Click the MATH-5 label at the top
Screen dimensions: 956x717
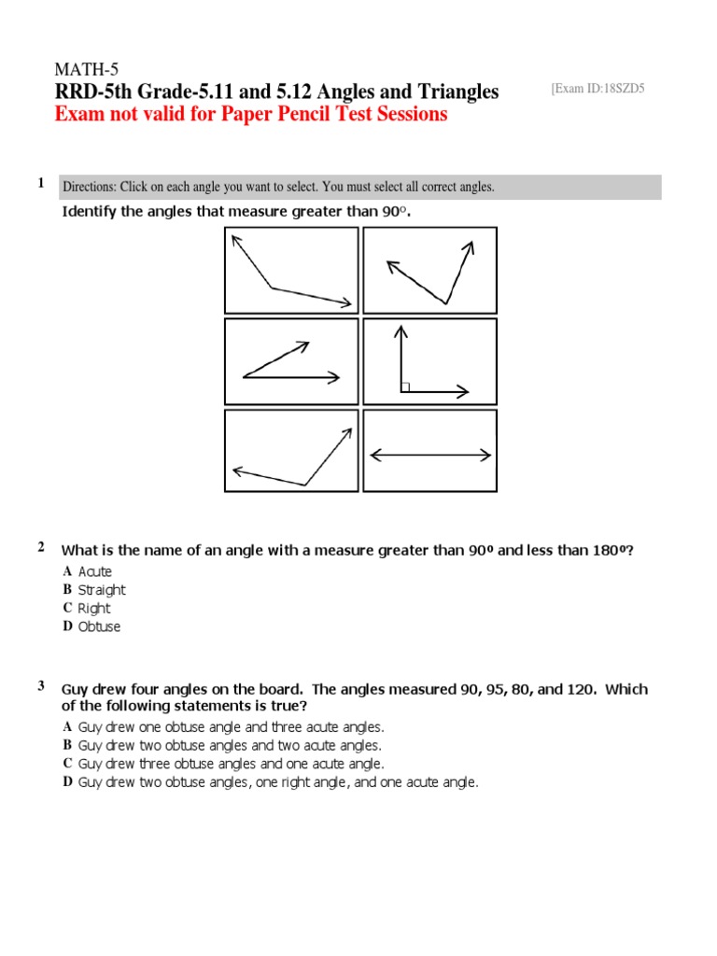88,70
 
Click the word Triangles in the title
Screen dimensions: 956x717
450,91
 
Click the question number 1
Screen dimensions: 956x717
41,184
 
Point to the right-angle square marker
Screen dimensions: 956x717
405,387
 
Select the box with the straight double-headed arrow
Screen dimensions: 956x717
429,451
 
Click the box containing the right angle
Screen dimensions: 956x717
429,361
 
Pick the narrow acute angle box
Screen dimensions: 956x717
290,361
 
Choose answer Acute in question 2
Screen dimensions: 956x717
94,571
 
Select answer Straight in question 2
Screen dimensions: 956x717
101,590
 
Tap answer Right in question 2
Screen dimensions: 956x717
93,609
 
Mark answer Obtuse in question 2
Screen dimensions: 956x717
99,627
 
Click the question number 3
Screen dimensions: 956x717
41,686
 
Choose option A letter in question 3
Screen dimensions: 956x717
67,726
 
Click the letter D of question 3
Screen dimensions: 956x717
67,782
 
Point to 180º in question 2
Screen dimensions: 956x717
612,551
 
